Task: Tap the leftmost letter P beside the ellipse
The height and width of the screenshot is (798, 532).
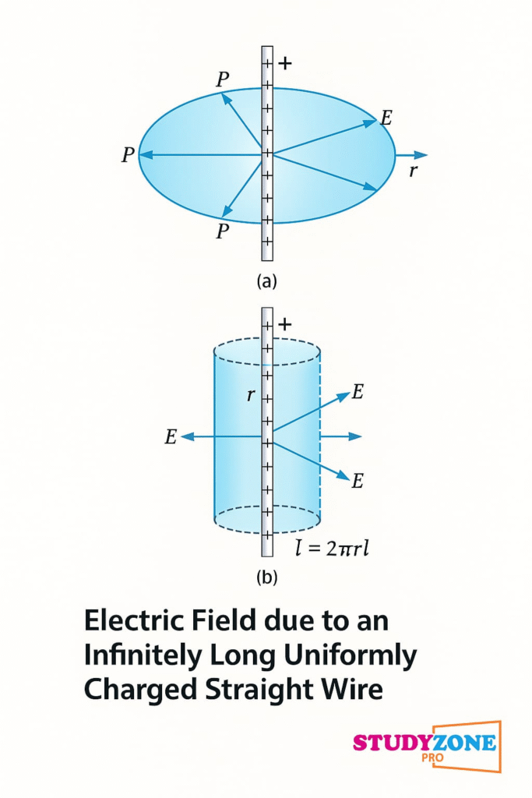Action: [128, 155]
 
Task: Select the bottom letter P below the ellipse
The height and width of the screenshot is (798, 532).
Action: [223, 231]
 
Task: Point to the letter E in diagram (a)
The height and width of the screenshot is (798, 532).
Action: [386, 118]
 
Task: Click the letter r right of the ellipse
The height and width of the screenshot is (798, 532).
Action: [414, 171]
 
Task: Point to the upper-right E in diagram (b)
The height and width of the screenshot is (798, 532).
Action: [358, 392]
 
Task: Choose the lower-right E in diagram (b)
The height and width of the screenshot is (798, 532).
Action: [358, 481]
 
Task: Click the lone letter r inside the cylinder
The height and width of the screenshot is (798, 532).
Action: [251, 395]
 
